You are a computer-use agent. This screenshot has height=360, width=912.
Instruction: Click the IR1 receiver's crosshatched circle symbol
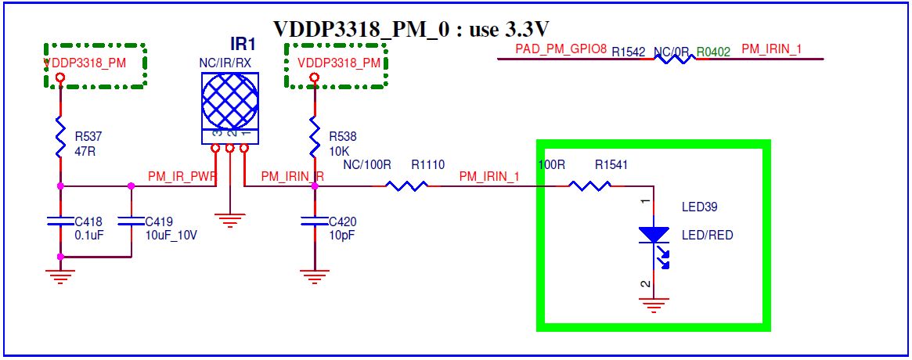pyautogui.click(x=230, y=100)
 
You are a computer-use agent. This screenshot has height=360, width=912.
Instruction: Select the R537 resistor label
pyautogui.click(x=89, y=136)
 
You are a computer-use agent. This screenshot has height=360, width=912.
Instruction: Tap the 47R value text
pyautogui.click(x=85, y=151)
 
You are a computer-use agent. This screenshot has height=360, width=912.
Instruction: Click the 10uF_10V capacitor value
pyautogui.click(x=171, y=235)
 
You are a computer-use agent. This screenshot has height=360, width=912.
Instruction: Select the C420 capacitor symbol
pyautogui.click(x=314, y=222)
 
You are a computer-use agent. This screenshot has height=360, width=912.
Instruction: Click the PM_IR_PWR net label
pyautogui.click(x=182, y=178)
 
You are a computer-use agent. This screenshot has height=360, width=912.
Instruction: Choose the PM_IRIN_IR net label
pyautogui.click(x=292, y=178)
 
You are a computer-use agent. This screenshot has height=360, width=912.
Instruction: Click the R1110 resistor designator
pyautogui.click(x=428, y=165)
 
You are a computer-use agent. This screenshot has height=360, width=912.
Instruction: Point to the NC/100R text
pyautogui.click(x=367, y=165)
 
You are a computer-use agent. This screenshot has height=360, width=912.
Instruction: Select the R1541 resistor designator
pyautogui.click(x=611, y=165)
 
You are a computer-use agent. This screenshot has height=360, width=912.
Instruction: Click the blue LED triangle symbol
pyautogui.click(x=654, y=234)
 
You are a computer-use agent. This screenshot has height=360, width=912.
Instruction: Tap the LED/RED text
pyautogui.click(x=707, y=235)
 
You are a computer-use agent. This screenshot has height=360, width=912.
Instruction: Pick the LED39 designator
pyautogui.click(x=699, y=207)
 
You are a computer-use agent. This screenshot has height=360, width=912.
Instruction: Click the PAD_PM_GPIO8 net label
pyautogui.click(x=561, y=49)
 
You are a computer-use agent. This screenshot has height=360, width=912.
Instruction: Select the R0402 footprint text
pyautogui.click(x=713, y=52)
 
